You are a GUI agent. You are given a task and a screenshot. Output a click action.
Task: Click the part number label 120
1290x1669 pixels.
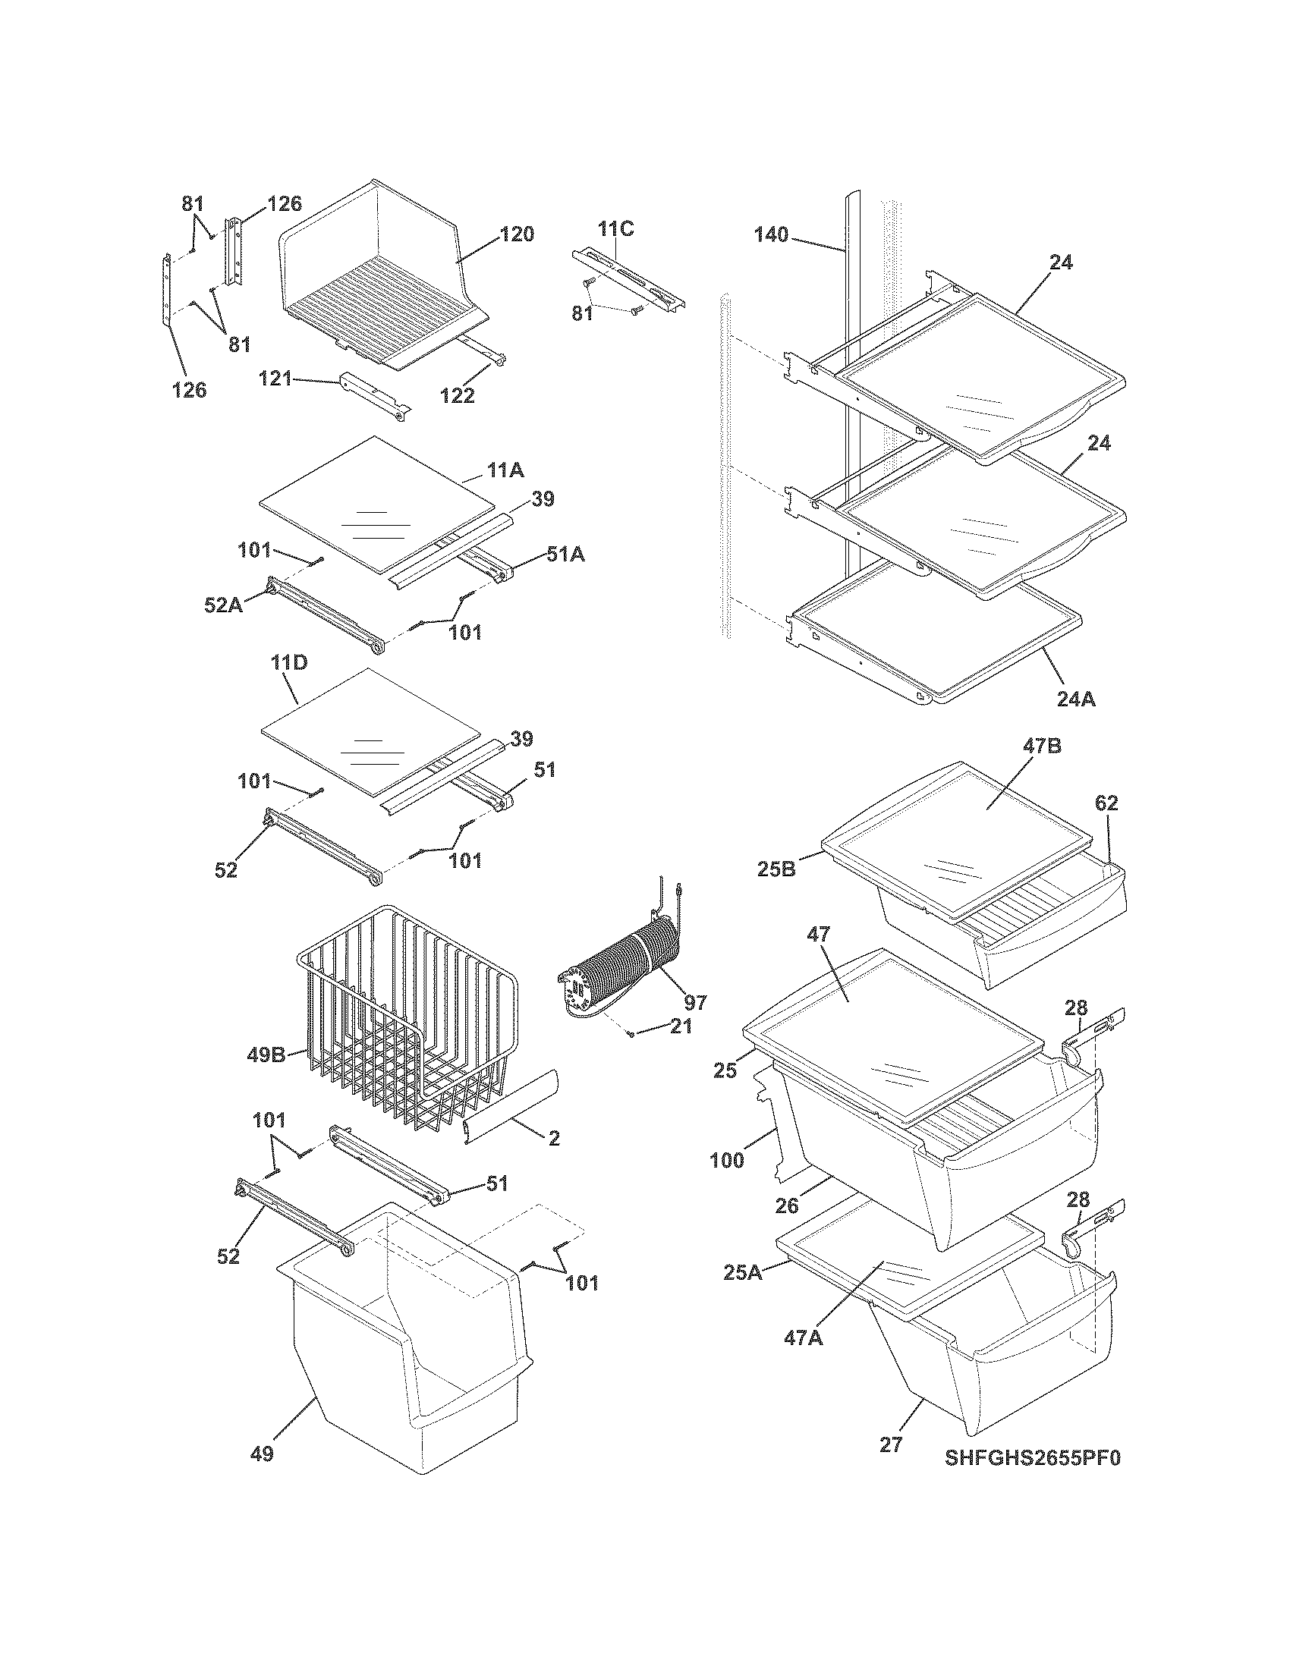[x=518, y=234]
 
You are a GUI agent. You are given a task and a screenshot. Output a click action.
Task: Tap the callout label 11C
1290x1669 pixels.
[x=615, y=228]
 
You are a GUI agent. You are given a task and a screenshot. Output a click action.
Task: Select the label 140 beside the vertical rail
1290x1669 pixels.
[x=771, y=234]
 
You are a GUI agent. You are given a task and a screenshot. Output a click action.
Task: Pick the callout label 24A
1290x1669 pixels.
[x=1075, y=699]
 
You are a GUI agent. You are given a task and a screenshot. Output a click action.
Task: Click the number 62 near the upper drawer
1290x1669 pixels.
[x=1106, y=803]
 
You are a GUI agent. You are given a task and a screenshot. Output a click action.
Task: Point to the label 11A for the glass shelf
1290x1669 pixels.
[x=506, y=470]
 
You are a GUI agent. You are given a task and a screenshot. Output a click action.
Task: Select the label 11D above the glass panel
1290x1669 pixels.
[x=288, y=662]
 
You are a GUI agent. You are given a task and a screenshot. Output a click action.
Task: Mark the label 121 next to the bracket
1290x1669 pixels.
[x=275, y=378]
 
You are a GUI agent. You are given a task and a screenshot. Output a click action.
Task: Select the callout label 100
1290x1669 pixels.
[x=727, y=1161]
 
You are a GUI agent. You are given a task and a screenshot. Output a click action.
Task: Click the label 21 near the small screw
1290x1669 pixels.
[x=680, y=1026]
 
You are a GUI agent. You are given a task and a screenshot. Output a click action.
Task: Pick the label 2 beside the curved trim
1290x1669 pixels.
[x=553, y=1159]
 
